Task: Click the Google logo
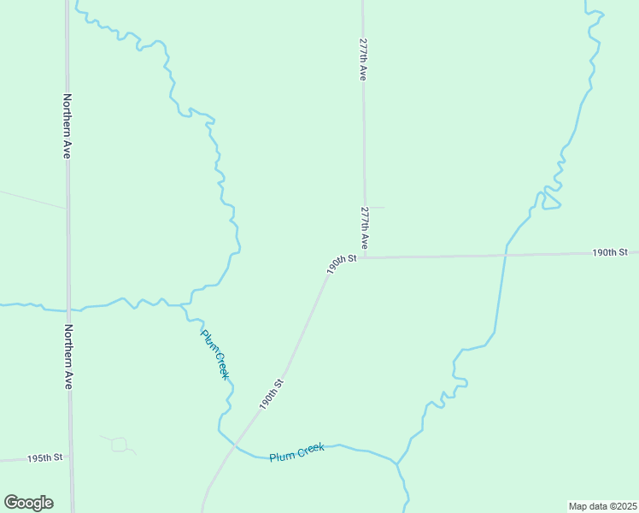(x=28, y=503)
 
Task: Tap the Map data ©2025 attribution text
(x=602, y=505)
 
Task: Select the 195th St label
(x=45, y=458)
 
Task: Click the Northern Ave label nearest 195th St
(x=67, y=357)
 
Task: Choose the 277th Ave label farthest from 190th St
(x=363, y=58)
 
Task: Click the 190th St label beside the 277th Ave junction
(x=341, y=263)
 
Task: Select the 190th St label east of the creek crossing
(x=610, y=252)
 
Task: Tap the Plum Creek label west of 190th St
(x=215, y=354)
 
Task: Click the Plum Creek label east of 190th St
(x=296, y=451)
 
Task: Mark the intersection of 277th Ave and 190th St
(x=366, y=257)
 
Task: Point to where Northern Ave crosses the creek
(x=69, y=309)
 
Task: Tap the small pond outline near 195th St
(x=119, y=444)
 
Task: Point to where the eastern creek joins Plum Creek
(x=396, y=464)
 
